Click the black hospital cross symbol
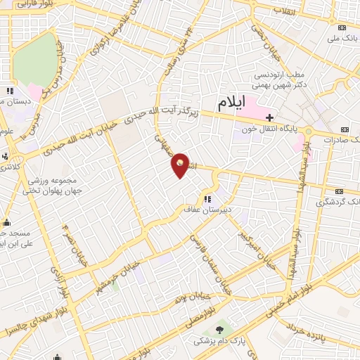click(x=270, y=116)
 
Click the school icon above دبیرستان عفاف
click(x=206, y=198)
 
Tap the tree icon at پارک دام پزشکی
click(x=221, y=328)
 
